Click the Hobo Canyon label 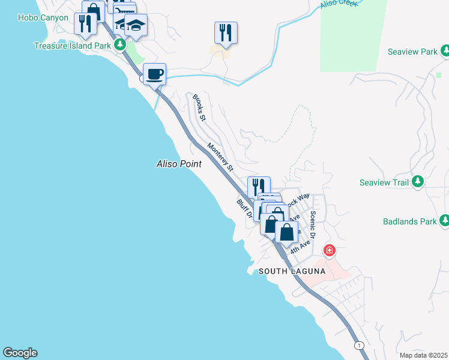(43, 18)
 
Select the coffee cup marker (155, 74)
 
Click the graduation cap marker (136, 26)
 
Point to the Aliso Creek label (339, 4)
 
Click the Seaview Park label (412, 52)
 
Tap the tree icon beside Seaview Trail (418, 182)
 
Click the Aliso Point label (178, 163)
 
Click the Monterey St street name (220, 157)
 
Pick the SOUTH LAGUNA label (292, 271)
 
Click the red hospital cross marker (329, 250)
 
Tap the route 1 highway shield (359, 345)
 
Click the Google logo (20, 353)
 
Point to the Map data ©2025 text (423, 355)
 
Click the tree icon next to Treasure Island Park (120, 44)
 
